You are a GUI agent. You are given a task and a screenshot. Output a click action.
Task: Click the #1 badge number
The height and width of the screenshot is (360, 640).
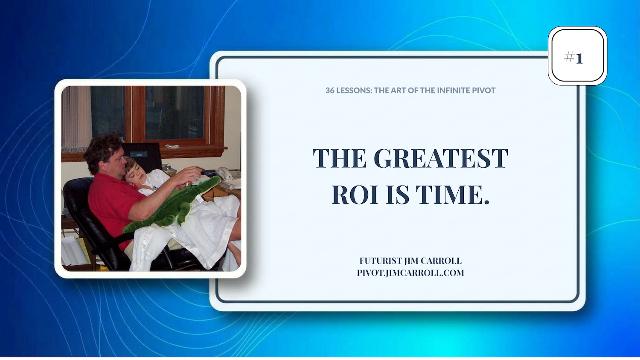(573, 58)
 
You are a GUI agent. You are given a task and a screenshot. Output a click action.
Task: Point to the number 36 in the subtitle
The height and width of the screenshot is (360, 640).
(330, 90)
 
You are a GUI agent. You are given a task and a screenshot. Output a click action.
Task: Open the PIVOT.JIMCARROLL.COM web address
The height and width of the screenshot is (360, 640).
(410, 273)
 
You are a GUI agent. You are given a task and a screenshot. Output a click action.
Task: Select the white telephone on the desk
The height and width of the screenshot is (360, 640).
(226, 174)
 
